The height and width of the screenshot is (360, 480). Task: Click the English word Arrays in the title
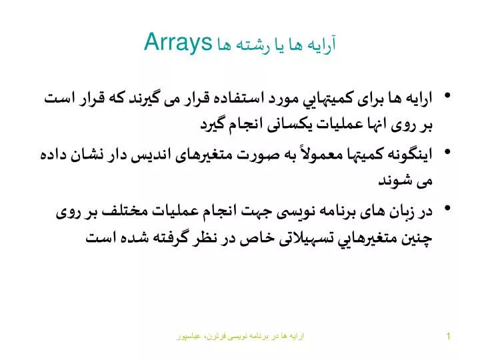178,43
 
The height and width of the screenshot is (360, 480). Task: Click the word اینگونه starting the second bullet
410,154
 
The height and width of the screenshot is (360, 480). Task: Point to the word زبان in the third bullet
402,211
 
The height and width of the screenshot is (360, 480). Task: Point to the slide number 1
448,336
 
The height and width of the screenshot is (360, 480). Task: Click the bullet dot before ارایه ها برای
447,95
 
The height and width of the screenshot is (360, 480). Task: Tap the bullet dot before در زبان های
447,208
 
